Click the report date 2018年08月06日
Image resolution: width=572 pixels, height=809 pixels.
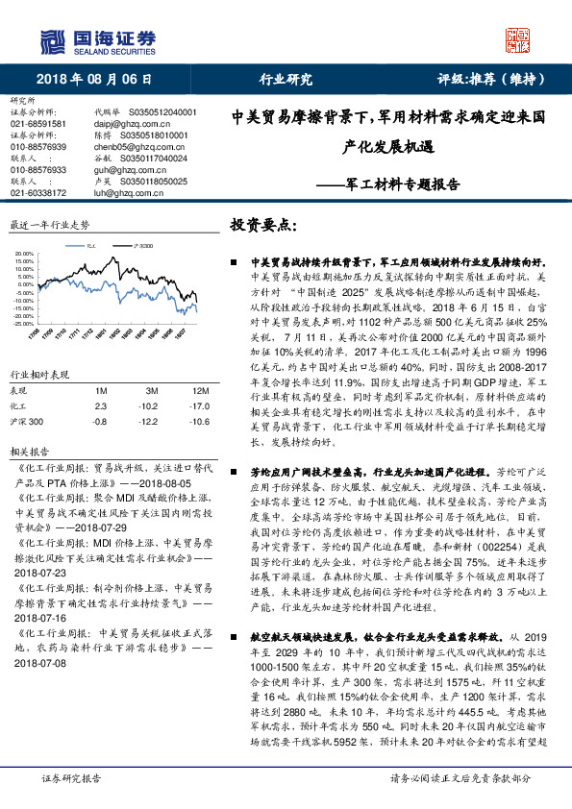94,80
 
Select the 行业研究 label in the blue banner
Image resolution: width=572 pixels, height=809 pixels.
286,80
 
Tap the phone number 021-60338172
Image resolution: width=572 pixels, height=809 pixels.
38,192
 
